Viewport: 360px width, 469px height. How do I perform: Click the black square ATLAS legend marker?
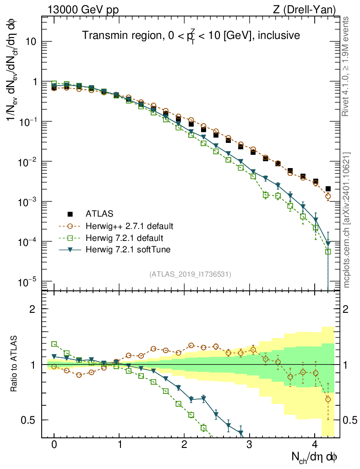(70, 213)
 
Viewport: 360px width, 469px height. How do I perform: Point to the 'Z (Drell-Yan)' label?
(310, 10)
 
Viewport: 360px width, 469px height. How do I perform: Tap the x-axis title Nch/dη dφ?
(315, 456)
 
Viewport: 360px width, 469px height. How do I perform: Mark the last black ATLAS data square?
(328, 189)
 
